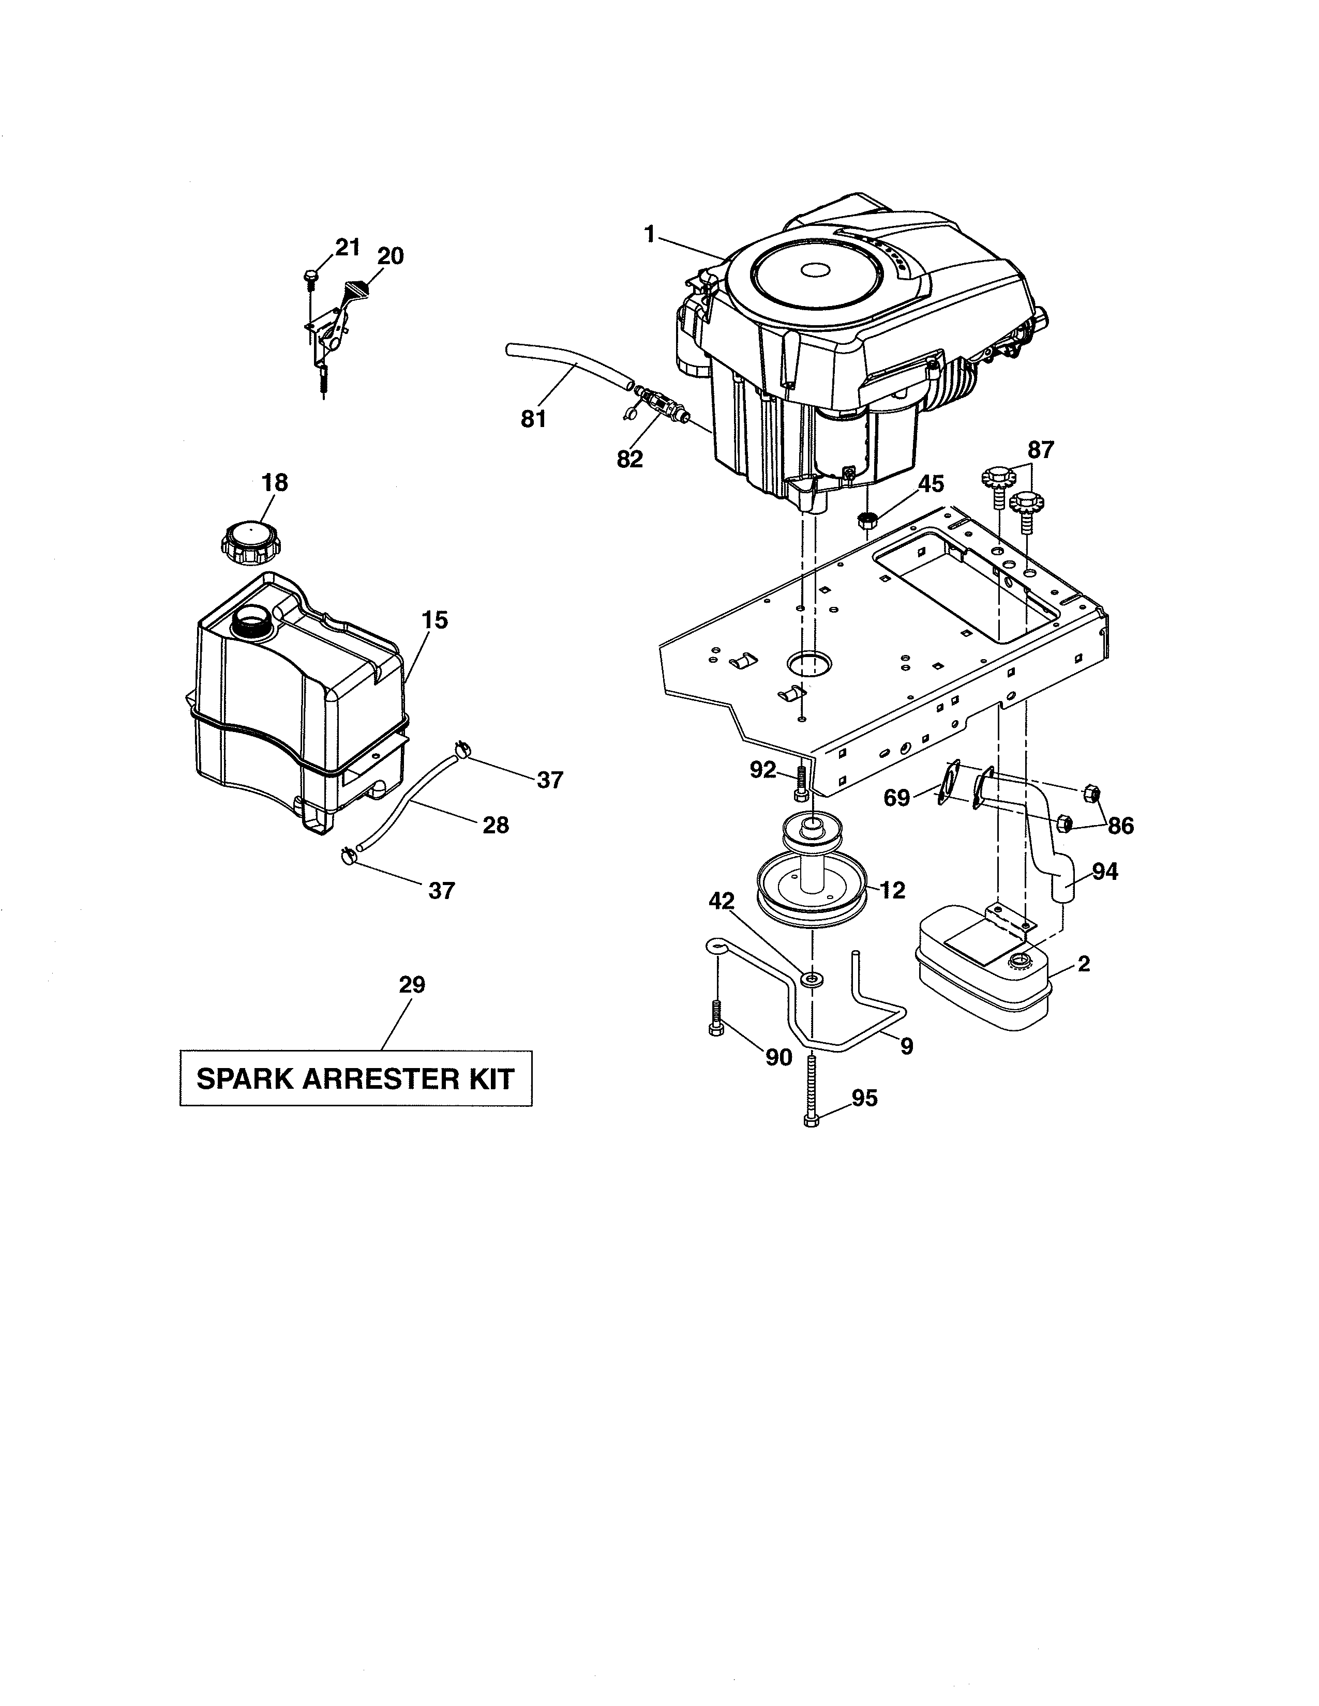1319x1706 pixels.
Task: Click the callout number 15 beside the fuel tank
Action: (434, 620)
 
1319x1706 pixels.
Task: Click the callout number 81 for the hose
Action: (534, 419)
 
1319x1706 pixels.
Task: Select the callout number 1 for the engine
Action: (649, 234)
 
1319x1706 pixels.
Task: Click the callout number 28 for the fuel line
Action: (496, 825)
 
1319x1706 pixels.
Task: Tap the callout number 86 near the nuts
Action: (1120, 826)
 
